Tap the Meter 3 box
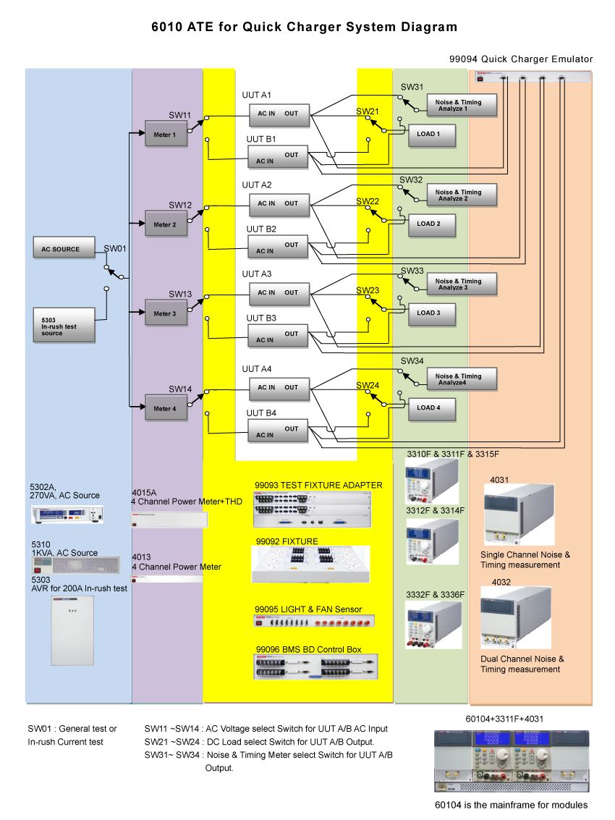[x=166, y=313]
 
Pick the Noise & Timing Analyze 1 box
[x=462, y=106]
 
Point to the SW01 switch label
[x=115, y=248]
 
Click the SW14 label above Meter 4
[x=180, y=389]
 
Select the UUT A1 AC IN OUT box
[x=279, y=114]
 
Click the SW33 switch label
[x=412, y=270]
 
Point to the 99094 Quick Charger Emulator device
[x=532, y=76]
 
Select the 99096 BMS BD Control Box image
[x=315, y=666]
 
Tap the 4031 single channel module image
[x=515, y=515]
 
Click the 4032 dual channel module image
[x=516, y=617]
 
